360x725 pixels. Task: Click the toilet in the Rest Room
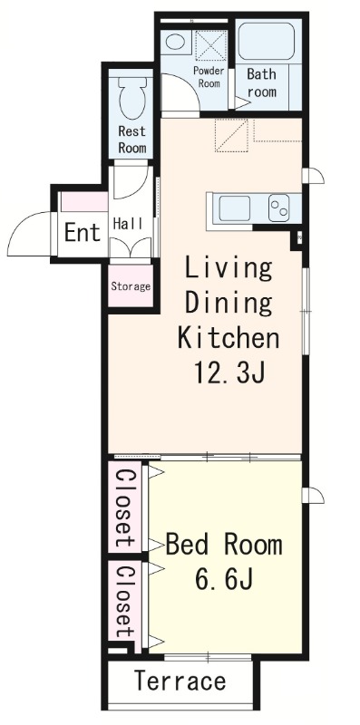coord(132,98)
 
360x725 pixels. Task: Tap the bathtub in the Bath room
coord(266,41)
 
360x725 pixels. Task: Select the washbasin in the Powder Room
coord(175,42)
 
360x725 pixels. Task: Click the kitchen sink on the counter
coord(235,208)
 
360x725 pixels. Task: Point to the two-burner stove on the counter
coord(279,208)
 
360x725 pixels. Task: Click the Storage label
coord(131,286)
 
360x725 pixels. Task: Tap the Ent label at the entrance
coord(83,232)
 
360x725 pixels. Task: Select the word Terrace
coord(180,681)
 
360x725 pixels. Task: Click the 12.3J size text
coord(229,372)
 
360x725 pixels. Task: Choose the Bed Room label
coord(224,545)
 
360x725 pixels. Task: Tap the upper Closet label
coord(125,508)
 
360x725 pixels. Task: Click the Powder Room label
coord(209,77)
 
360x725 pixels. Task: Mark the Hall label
coord(128,224)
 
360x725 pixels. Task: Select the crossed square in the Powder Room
coord(211,45)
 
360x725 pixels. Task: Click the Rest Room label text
coord(132,140)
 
